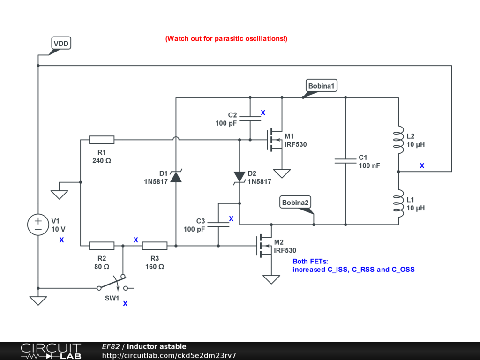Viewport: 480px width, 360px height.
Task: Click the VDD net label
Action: click(x=61, y=44)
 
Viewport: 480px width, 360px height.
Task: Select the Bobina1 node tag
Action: click(x=322, y=86)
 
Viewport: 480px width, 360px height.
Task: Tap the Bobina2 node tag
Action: click(x=295, y=202)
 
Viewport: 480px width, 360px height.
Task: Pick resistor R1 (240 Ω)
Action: click(x=102, y=140)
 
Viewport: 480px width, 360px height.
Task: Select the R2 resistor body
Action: click(x=102, y=246)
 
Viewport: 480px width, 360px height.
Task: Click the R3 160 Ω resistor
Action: click(x=155, y=246)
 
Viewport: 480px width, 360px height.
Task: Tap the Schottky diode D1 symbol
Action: click(x=176, y=177)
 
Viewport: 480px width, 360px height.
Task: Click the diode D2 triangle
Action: click(x=240, y=177)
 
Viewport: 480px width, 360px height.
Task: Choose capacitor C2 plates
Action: click(x=250, y=119)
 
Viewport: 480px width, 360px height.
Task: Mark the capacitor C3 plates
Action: click(x=218, y=224)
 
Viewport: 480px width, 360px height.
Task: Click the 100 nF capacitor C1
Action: click(x=345, y=161)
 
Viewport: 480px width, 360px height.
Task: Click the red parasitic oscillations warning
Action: click(x=226, y=39)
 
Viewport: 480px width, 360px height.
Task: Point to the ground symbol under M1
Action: click(x=282, y=174)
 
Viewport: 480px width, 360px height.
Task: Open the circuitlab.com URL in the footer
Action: click(x=169, y=355)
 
